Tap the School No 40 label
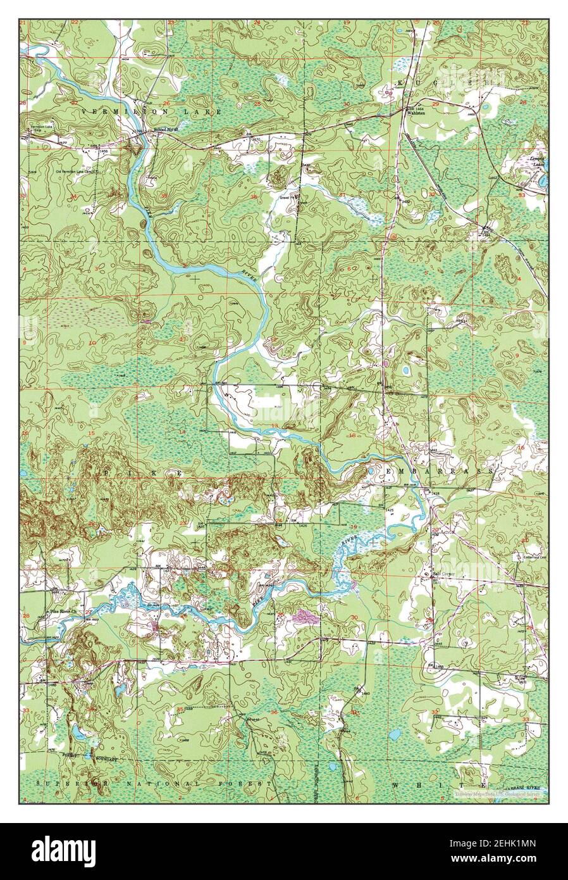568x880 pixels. point(168,131)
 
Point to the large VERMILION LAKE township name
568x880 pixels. point(151,111)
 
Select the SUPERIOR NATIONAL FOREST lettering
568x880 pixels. point(154,784)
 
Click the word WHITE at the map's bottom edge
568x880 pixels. point(439,784)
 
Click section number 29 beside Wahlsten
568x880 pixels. point(435,103)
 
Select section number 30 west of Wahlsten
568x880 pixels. point(346,104)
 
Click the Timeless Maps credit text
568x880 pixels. point(500,791)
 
